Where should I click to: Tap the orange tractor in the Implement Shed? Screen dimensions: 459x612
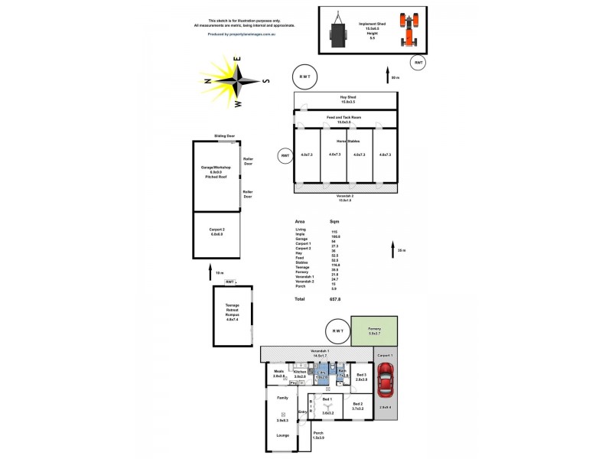pyautogui.click(x=410, y=31)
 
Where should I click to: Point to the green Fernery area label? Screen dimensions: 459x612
pyautogui.click(x=374, y=331)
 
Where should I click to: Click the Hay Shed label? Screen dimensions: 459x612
pyautogui.click(x=348, y=99)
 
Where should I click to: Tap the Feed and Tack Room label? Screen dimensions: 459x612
pyautogui.click(x=343, y=119)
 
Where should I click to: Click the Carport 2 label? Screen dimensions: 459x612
pyautogui.click(x=216, y=232)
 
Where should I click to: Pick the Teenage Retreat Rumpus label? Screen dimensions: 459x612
pyautogui.click(x=232, y=312)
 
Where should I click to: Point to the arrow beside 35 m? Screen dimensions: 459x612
pyautogui.click(x=390, y=250)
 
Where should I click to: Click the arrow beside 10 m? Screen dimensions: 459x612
pyautogui.click(x=211, y=271)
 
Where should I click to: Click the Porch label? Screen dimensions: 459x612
pyautogui.click(x=317, y=435)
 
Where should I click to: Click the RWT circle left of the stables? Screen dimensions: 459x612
pyautogui.click(x=285, y=155)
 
